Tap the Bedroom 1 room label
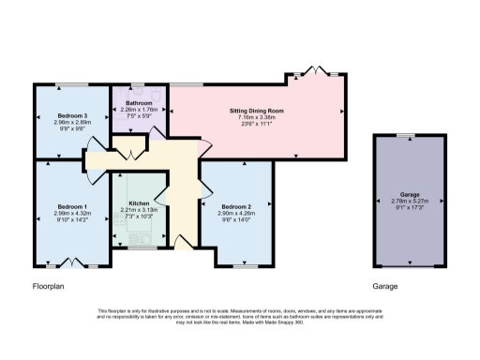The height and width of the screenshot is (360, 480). (x=72, y=205)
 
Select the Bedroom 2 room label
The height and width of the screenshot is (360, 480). (x=238, y=205)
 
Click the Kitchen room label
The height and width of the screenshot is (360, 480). (x=139, y=202)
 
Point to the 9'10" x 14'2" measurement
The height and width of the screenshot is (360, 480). (x=72, y=220)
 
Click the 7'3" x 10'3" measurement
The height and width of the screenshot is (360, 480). (x=139, y=217)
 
